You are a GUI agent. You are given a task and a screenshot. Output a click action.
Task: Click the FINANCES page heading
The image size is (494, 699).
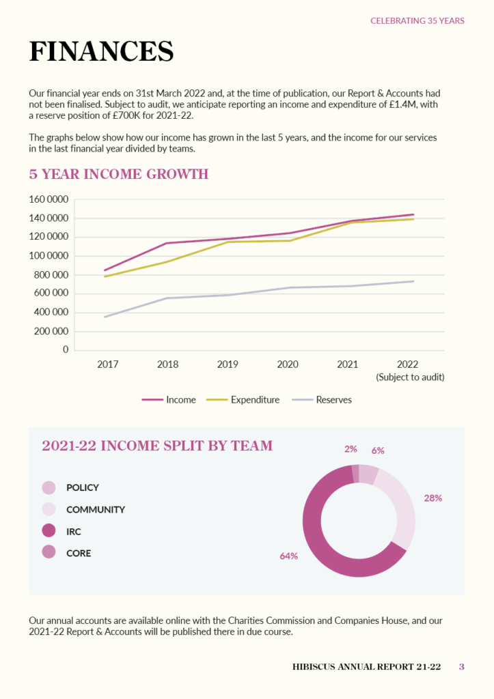click(101, 52)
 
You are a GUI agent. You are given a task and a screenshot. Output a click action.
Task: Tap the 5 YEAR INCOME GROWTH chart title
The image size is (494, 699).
click(118, 174)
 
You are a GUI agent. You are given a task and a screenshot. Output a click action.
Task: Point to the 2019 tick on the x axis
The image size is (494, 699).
click(228, 365)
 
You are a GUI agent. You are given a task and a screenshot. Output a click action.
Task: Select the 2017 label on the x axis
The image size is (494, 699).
click(108, 365)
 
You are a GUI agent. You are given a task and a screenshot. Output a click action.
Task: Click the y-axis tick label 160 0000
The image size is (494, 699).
click(49, 199)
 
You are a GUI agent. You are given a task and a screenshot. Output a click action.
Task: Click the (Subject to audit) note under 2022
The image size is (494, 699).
click(410, 377)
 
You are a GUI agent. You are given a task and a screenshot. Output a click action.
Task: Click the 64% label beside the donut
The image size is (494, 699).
click(288, 556)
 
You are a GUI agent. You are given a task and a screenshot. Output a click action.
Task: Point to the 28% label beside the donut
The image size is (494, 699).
click(433, 498)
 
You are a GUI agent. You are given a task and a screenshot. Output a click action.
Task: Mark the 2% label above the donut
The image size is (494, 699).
click(351, 450)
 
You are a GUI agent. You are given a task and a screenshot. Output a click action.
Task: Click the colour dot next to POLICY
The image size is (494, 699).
click(49, 487)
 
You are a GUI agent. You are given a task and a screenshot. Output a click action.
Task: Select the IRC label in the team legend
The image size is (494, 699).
click(74, 531)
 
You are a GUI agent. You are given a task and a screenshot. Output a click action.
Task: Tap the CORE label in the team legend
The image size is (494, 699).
click(79, 553)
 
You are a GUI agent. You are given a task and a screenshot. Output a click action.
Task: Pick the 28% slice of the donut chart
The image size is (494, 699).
click(403, 505)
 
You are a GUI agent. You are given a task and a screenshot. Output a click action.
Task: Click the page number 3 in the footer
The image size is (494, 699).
click(461, 667)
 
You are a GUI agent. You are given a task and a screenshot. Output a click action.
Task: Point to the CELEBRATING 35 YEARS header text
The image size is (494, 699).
click(417, 20)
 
